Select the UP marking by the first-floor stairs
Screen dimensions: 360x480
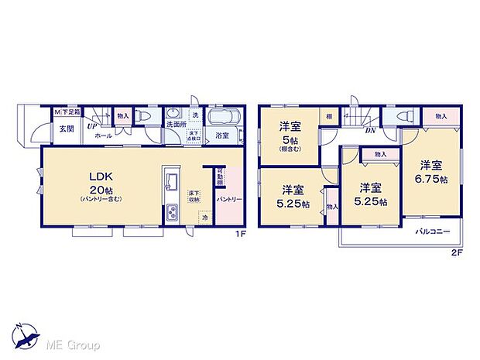91,125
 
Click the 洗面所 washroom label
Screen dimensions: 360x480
174,125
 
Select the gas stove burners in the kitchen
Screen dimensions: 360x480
170,211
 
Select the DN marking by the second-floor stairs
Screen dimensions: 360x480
371,131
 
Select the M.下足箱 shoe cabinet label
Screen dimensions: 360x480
67,113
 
